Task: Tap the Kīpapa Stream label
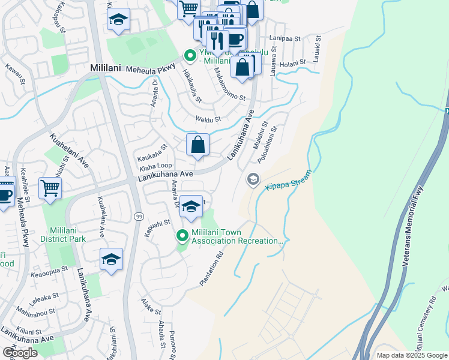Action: [x=289, y=180]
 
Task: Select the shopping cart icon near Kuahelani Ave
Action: [x=50, y=188]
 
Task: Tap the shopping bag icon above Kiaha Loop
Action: [x=197, y=145]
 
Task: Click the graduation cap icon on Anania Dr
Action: [x=191, y=207]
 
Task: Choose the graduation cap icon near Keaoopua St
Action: [x=111, y=259]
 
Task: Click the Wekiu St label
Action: [x=208, y=119]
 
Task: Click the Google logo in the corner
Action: [x=20, y=353]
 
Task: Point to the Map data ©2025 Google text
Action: [x=411, y=355]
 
